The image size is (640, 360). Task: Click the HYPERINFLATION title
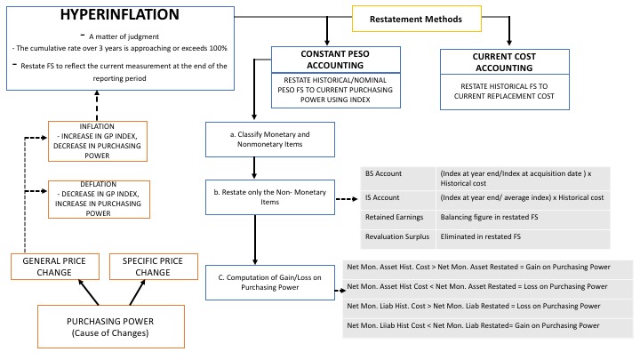120,17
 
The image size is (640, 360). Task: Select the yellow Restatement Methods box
416,17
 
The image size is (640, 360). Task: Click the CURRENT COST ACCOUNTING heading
508,61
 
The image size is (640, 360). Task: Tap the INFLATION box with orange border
98,140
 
